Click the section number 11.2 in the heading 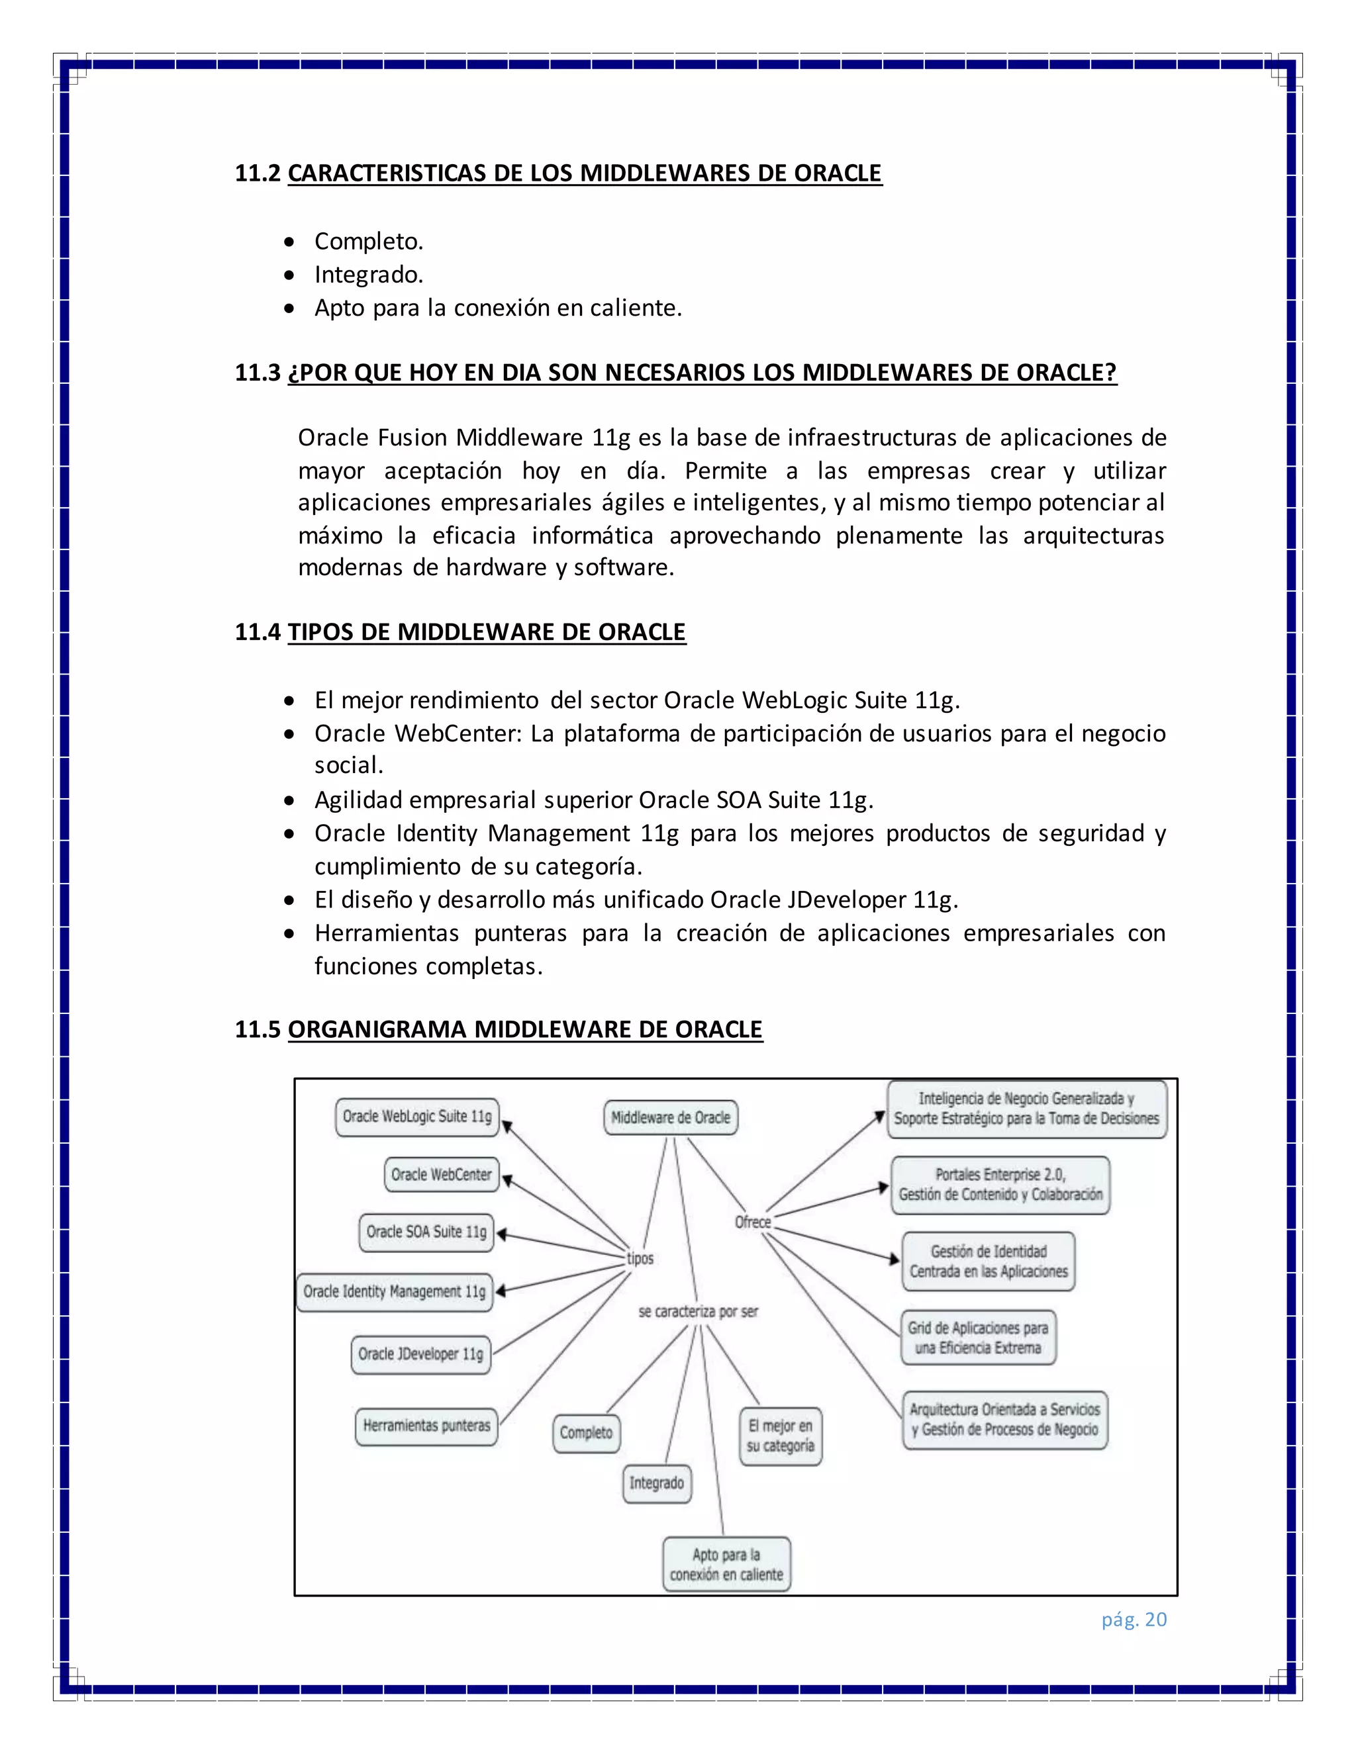(x=257, y=173)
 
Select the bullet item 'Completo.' (x=368, y=242)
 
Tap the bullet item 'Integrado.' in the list (x=368, y=275)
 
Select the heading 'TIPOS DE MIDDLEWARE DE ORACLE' (x=486, y=633)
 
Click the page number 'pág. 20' (x=1134, y=1620)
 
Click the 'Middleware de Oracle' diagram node (x=670, y=1118)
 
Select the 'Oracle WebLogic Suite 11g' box (x=417, y=1117)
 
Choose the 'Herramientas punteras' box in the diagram (x=426, y=1427)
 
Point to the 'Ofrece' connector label (x=753, y=1223)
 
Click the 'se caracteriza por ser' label (x=698, y=1313)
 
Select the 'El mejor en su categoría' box (x=780, y=1437)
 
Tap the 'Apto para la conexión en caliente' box (x=726, y=1565)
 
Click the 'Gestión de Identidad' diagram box (x=988, y=1262)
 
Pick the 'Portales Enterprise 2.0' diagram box (x=1000, y=1185)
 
